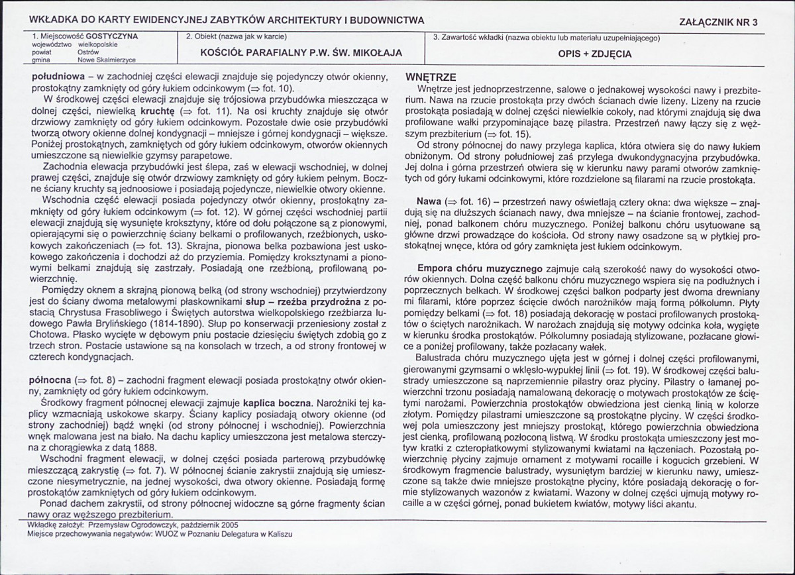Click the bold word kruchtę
156,113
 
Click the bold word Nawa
429,200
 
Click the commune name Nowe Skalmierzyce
107,60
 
